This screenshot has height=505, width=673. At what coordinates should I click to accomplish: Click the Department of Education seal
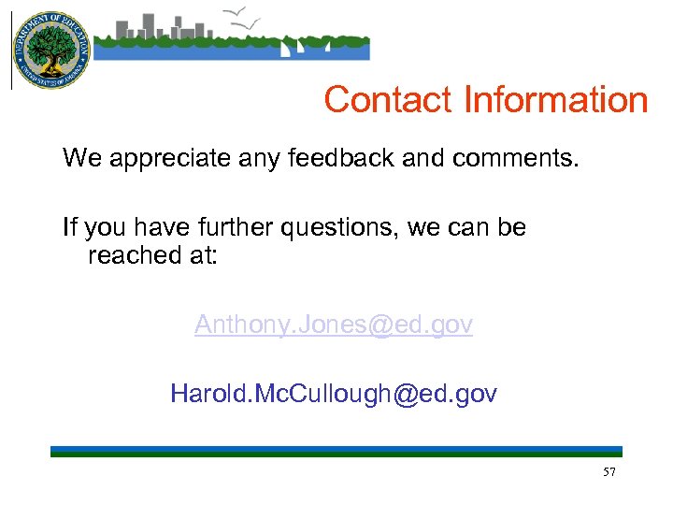pos(50,50)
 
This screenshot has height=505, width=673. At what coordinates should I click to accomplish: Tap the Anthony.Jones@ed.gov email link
pos(334,325)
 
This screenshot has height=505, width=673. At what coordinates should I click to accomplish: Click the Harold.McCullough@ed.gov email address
pos(334,394)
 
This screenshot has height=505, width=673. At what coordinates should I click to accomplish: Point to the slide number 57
pos(609,472)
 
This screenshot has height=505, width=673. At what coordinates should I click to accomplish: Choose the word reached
pos(129,254)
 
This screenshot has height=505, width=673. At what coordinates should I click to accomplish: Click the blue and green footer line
pos(336,452)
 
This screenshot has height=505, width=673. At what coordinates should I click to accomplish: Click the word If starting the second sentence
pos(69,227)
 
